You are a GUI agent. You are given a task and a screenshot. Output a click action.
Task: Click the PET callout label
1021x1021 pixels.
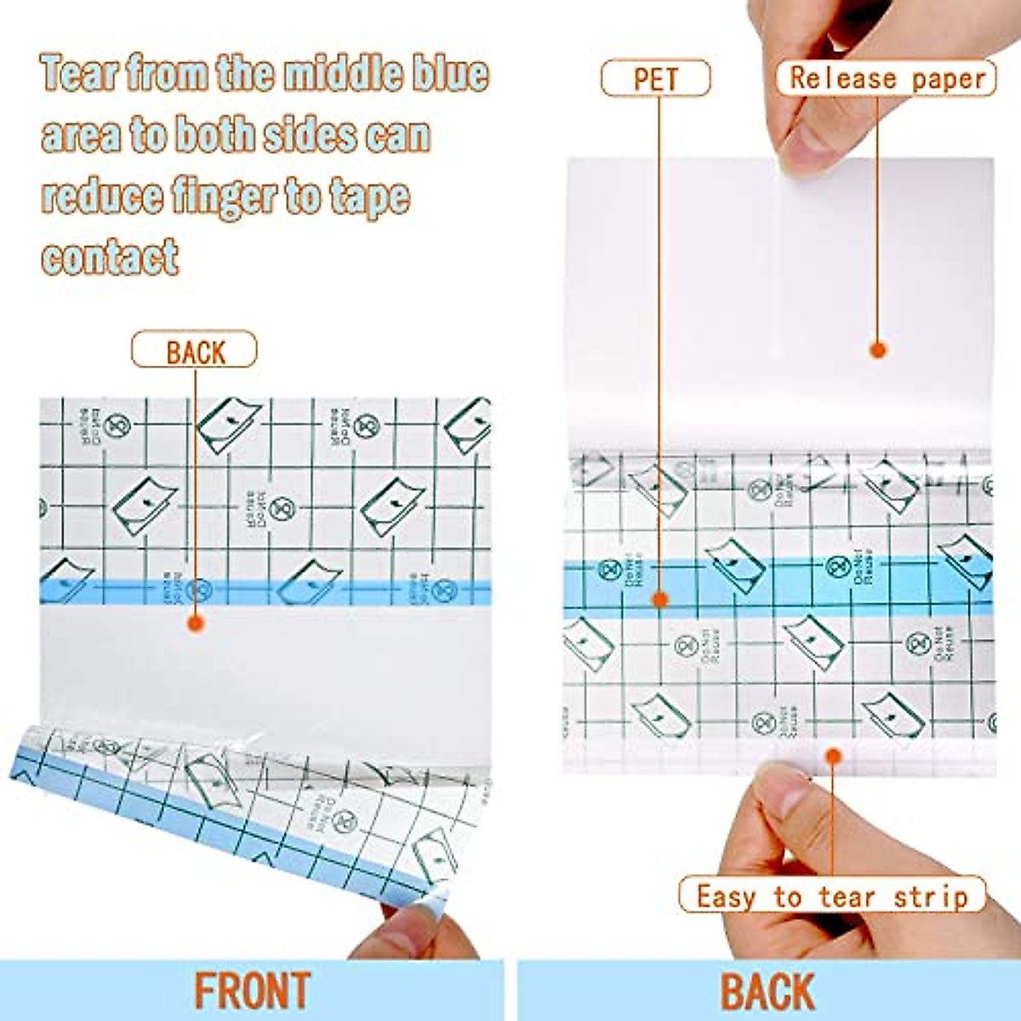click(x=655, y=79)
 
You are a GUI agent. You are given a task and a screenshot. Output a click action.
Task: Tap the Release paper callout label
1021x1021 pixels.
click(x=886, y=78)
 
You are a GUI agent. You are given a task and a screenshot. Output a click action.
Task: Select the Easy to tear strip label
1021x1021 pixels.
click(x=831, y=896)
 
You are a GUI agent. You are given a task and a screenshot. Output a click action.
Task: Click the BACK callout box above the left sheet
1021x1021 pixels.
click(x=194, y=350)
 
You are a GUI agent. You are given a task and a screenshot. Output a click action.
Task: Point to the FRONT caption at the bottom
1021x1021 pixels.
click(x=252, y=991)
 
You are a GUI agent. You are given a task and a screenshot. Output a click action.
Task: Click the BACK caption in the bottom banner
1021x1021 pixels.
click(x=768, y=991)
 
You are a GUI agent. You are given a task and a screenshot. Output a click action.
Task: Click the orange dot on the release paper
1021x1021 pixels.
click(x=879, y=349)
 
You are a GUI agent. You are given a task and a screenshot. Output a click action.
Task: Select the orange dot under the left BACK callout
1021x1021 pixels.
click(x=196, y=624)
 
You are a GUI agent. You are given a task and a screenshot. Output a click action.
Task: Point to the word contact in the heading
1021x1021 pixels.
click(x=111, y=255)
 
